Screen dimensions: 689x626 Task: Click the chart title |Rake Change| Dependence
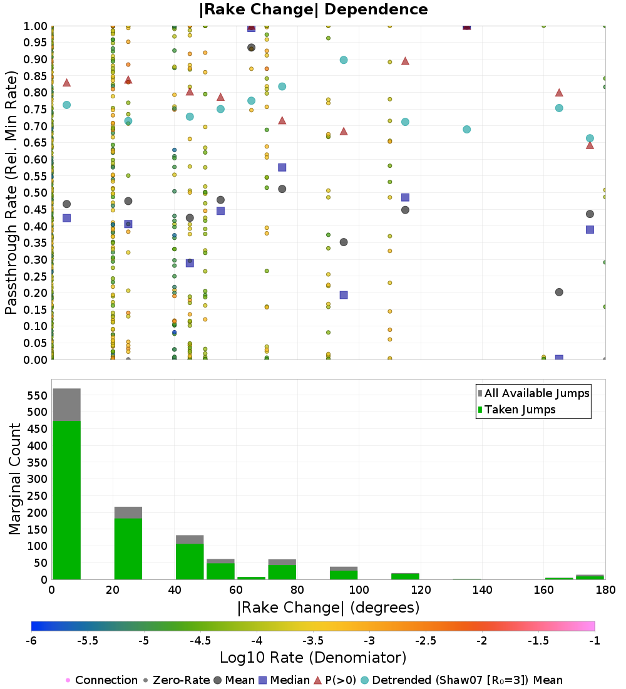point(313,9)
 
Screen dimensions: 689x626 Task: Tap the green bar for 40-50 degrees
point(190,561)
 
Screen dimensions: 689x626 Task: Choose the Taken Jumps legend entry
point(516,410)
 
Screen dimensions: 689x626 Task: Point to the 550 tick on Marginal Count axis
point(36,396)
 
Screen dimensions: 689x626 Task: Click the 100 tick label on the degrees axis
point(359,590)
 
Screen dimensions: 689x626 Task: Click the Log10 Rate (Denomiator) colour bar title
point(313,658)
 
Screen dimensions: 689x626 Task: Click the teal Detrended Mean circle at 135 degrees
point(466,130)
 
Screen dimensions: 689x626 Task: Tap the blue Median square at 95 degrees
point(344,295)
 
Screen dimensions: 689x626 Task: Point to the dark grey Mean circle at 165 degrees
point(559,292)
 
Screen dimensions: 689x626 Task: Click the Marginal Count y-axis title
point(15,479)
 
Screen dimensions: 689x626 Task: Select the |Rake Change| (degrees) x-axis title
point(328,608)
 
